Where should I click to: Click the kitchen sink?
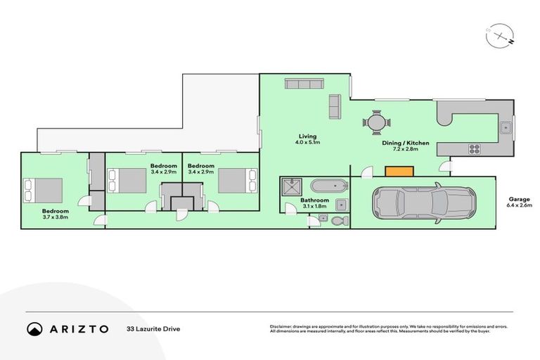505,127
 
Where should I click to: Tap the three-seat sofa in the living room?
303,84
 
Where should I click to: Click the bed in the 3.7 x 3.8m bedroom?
44,190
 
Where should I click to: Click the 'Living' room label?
307,136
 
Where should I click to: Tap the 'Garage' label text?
519,199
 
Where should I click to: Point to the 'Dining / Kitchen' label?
400,143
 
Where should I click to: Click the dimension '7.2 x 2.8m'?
401,150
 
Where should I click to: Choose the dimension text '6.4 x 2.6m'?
519,206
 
